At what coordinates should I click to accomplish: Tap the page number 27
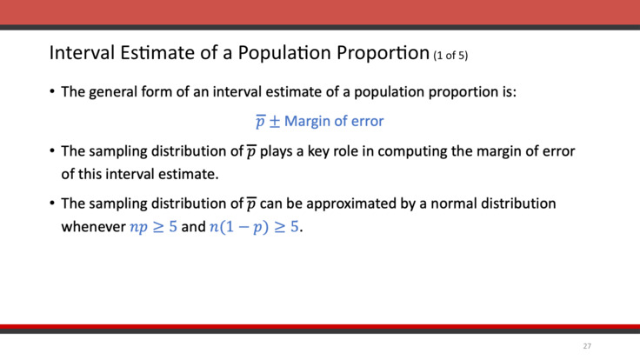(588, 346)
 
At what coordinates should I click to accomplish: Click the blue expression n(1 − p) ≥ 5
(254, 231)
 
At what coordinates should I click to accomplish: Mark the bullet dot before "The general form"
(52, 91)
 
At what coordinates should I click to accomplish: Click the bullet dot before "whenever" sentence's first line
(52, 203)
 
